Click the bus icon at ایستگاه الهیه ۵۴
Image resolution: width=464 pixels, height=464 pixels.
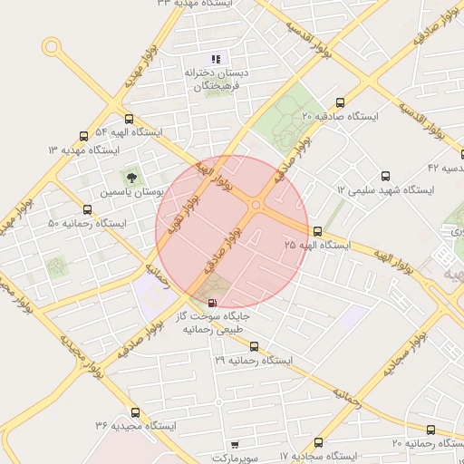point(129,119)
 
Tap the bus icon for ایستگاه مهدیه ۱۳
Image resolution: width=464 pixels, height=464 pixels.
point(84,135)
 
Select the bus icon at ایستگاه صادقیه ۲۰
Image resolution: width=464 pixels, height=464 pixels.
point(340,102)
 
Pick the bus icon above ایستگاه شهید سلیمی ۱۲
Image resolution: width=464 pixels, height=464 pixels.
point(386,176)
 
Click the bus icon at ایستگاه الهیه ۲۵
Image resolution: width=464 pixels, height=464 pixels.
point(317,231)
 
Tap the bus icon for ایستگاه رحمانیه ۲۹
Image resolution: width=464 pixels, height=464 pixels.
point(254,346)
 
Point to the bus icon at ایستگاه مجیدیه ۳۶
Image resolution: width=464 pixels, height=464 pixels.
point(135,412)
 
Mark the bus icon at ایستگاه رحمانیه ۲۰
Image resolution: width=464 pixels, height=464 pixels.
point(430,430)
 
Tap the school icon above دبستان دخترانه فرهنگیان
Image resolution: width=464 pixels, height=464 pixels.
point(216,58)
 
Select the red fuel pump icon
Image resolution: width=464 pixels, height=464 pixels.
point(212,303)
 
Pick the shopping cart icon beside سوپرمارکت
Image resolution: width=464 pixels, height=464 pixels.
point(235,445)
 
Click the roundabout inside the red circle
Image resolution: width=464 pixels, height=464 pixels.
point(256,206)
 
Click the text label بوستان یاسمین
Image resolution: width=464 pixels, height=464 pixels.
point(132,194)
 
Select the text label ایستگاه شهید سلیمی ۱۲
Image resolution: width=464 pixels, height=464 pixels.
point(385,190)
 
